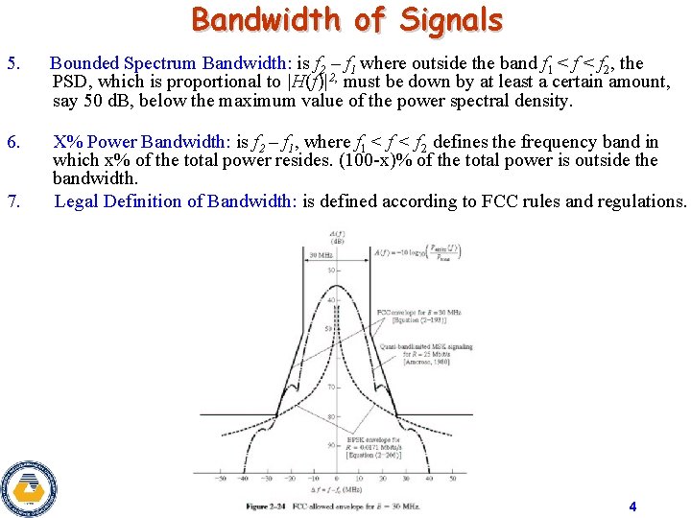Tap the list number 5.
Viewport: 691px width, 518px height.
pos(12,64)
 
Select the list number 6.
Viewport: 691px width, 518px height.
pos(12,142)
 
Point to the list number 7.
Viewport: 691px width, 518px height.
pos(12,201)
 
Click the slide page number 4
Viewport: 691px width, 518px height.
pos(632,506)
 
